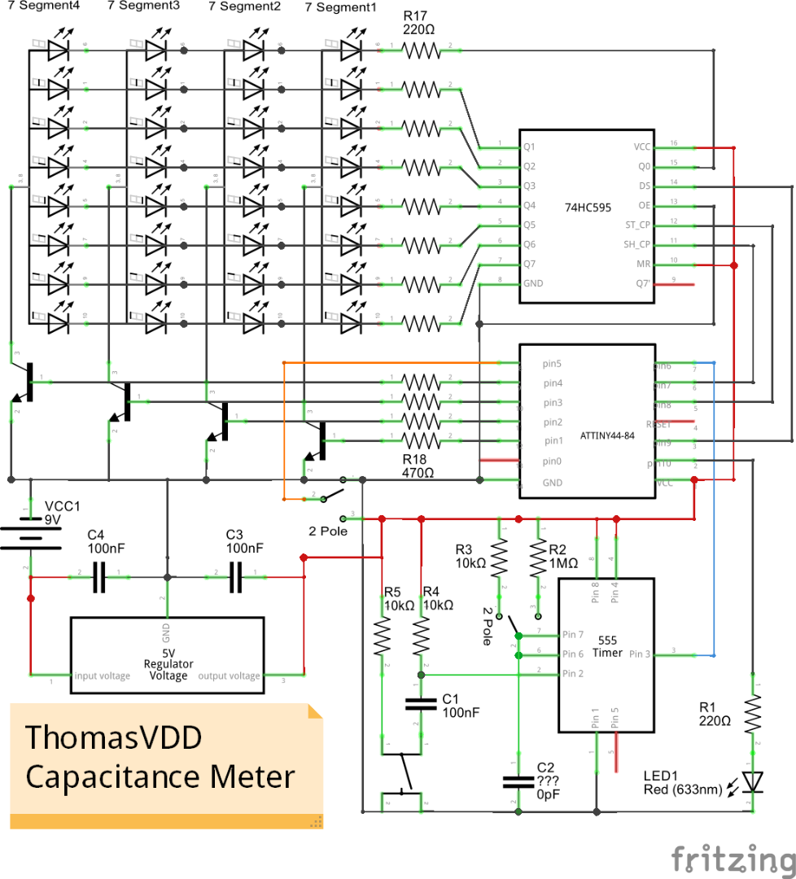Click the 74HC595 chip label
click(x=588, y=208)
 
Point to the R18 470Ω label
click(x=419, y=465)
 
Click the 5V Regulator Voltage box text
click(x=168, y=664)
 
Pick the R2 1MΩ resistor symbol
click(x=537, y=560)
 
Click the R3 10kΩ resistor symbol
click(x=500, y=560)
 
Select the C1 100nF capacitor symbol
click(x=421, y=702)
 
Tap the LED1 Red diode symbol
click(x=754, y=782)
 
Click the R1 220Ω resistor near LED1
click(x=754, y=714)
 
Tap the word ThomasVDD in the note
click(x=114, y=739)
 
